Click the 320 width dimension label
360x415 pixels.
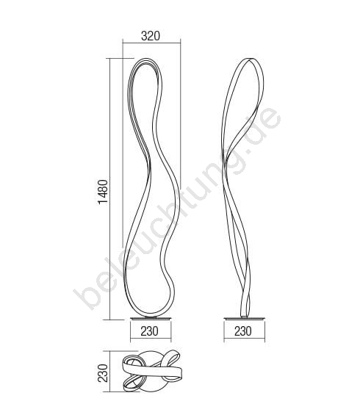(151, 36)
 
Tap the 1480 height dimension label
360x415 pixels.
(103, 192)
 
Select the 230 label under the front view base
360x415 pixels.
(150, 331)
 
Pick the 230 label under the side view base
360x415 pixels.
(243, 331)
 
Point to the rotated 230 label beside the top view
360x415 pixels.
(103, 373)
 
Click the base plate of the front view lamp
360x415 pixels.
(151, 318)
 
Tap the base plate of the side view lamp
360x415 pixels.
(244, 318)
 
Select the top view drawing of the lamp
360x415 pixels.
(151, 370)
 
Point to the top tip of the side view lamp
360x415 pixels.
(251, 59)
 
